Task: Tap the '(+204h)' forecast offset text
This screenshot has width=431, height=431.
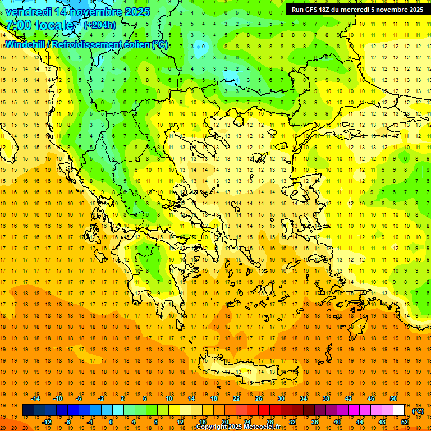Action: [x=99, y=25]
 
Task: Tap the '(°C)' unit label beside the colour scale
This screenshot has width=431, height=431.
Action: [x=418, y=411]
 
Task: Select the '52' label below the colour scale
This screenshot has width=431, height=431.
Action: [x=405, y=422]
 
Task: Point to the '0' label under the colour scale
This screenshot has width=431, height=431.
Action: [x=111, y=422]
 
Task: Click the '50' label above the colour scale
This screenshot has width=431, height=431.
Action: [x=393, y=398]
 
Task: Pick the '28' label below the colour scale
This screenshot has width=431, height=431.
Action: [x=269, y=422]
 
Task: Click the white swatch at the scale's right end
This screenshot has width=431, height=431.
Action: [x=399, y=410]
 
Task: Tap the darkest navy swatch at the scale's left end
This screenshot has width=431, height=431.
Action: [x=28, y=410]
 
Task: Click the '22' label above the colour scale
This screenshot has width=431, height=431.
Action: [x=236, y=398]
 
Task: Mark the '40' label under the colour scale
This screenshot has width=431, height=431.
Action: [x=337, y=422]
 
